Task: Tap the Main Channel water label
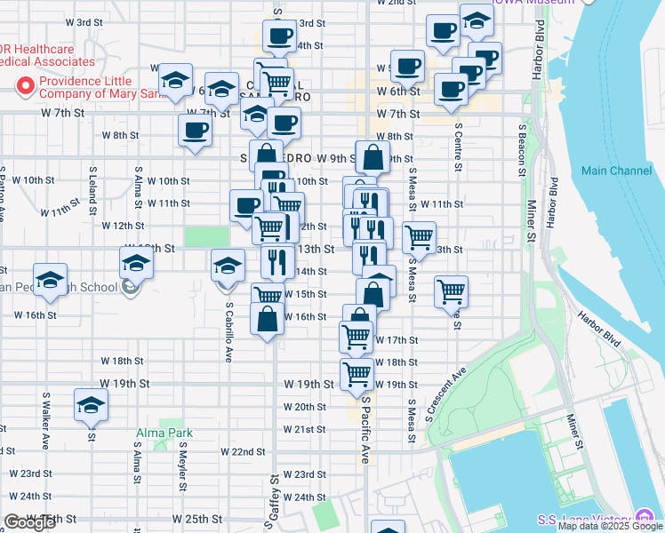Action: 616,170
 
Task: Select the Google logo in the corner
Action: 29,522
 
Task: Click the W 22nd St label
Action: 236,452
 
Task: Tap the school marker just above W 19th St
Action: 91,405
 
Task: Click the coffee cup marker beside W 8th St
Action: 195,131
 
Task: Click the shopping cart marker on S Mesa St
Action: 419,236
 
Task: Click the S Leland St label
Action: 92,188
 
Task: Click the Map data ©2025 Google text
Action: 610,526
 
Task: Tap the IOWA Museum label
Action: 544,2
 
